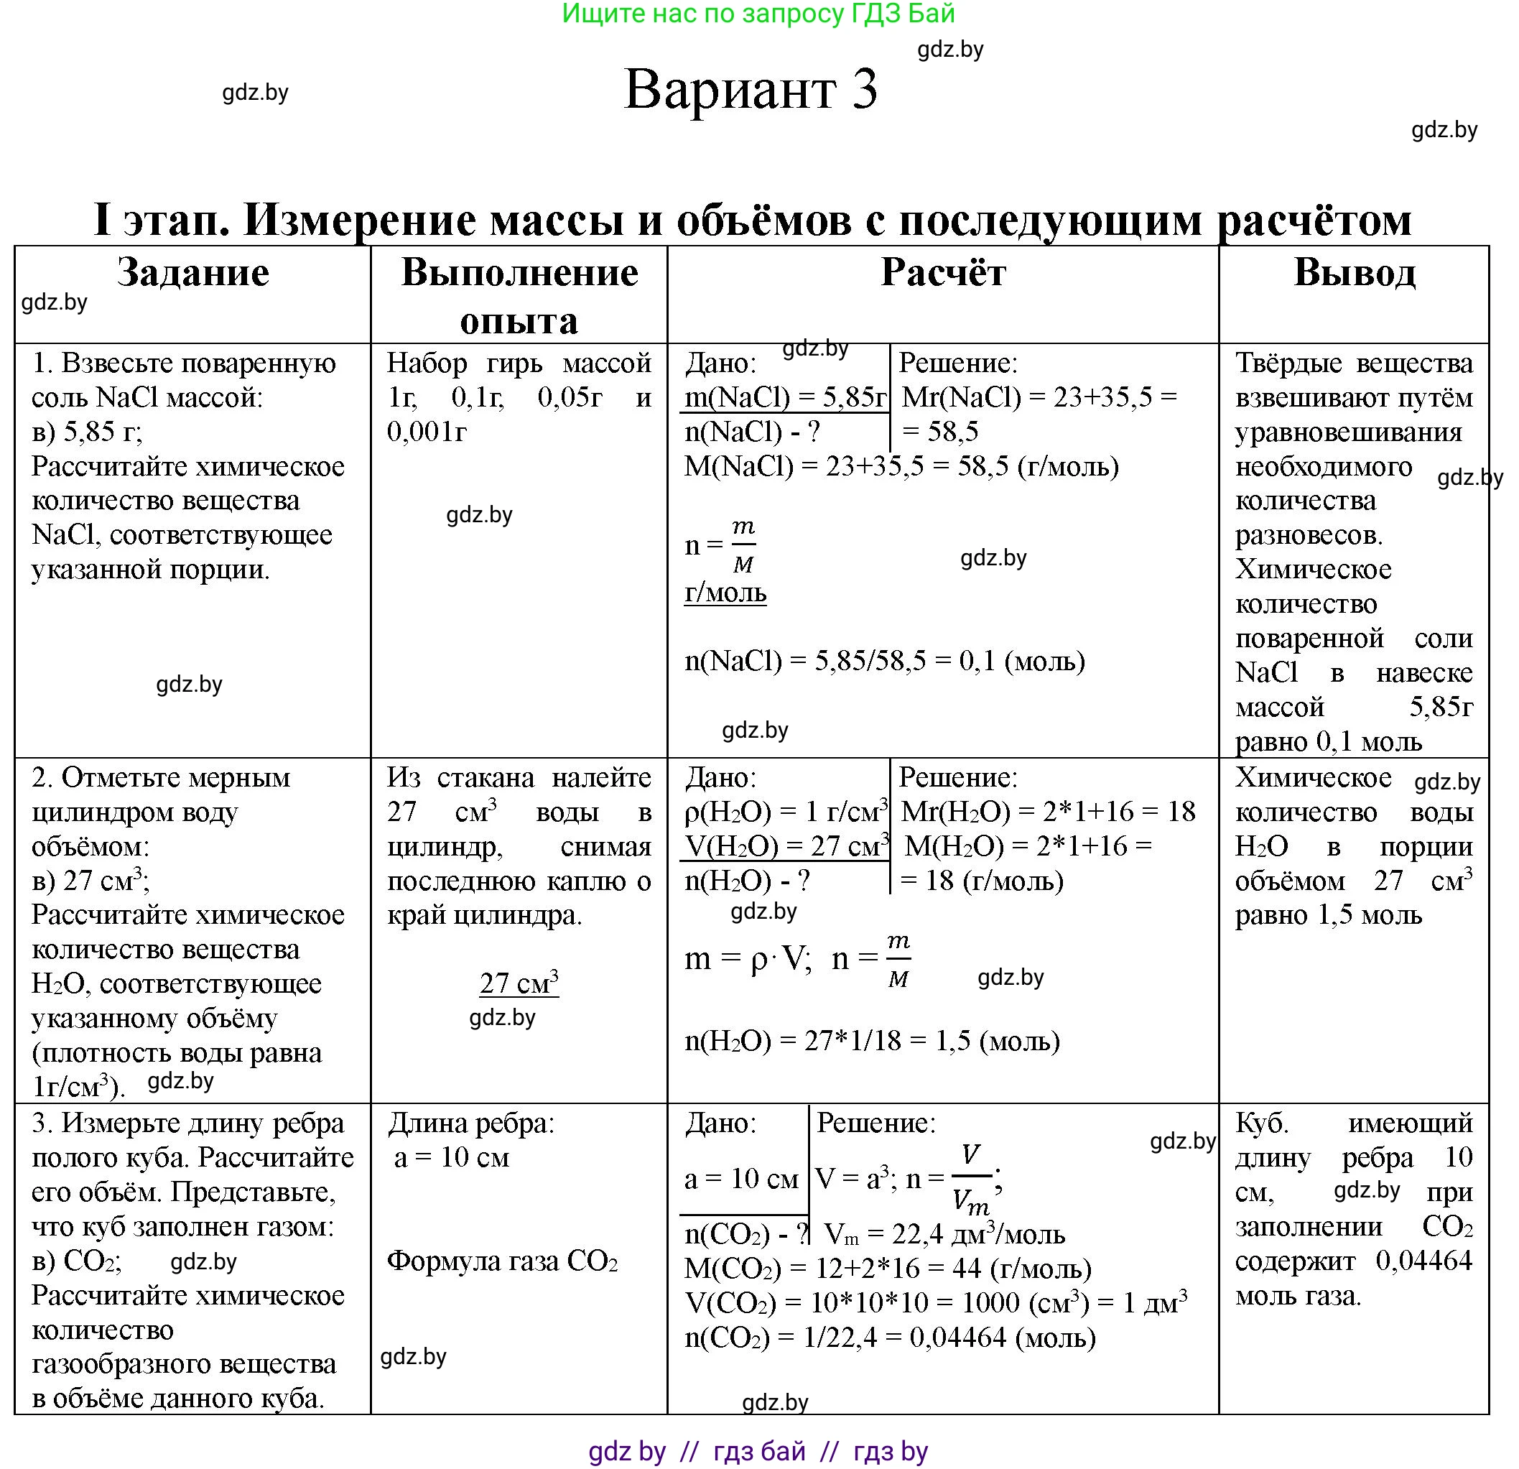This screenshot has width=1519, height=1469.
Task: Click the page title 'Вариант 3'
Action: (x=751, y=89)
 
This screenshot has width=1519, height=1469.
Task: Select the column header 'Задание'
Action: (x=193, y=273)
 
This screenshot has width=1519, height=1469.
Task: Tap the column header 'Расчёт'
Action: (x=942, y=273)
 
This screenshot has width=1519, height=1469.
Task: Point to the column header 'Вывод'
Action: (x=1354, y=273)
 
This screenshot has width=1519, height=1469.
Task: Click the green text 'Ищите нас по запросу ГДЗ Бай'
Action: (x=758, y=14)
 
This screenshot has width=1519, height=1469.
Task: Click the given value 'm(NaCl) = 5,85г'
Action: (x=785, y=398)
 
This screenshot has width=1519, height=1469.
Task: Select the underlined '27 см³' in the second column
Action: (x=519, y=983)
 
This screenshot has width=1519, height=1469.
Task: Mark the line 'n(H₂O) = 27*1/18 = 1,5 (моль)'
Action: (x=872, y=1040)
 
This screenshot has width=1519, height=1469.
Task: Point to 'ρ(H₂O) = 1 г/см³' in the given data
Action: (x=785, y=812)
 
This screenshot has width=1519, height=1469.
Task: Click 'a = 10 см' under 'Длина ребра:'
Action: (x=452, y=1157)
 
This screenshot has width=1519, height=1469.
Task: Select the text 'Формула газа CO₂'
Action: (x=502, y=1261)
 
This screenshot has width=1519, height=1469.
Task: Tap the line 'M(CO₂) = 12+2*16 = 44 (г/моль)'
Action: (x=888, y=1268)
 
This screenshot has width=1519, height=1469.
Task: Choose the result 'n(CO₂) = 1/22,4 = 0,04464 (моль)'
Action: (x=890, y=1338)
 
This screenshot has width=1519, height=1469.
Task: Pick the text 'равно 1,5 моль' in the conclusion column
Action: (x=1329, y=915)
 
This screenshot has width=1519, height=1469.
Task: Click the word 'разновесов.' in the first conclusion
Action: (x=1309, y=535)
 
